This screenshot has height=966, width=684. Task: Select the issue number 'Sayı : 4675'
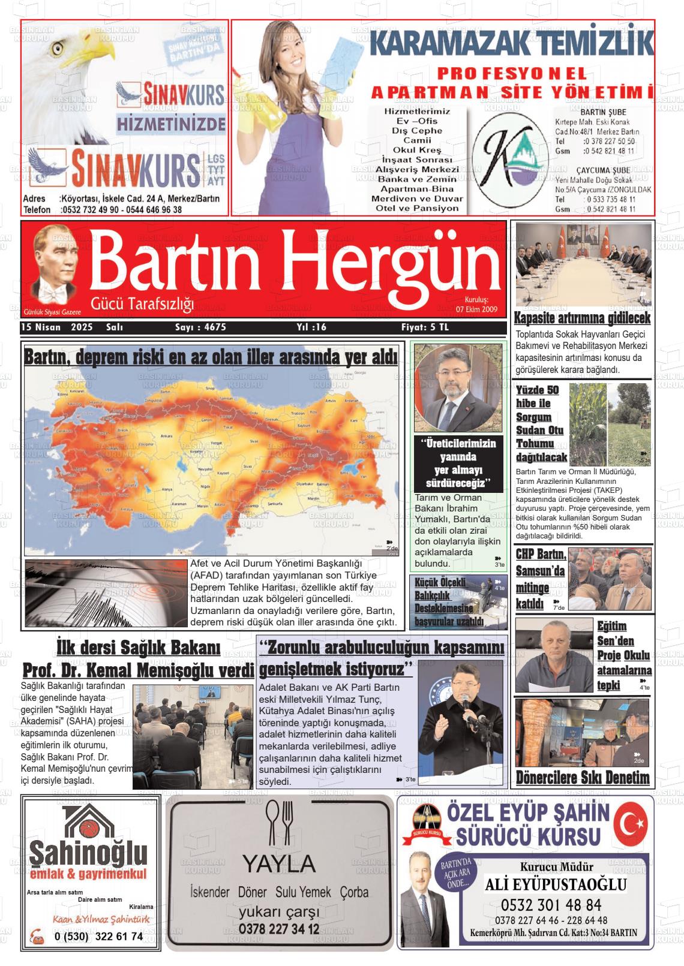tap(200, 327)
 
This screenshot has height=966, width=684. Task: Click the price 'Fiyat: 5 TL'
tap(425, 327)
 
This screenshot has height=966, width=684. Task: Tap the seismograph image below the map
tap(106, 593)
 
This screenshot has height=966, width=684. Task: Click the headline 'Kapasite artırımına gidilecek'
tap(582, 318)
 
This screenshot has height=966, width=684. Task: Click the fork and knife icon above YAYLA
tap(280, 823)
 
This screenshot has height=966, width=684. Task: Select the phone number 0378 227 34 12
tap(279, 929)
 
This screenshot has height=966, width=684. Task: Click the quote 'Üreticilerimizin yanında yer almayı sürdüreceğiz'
tap(458, 463)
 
